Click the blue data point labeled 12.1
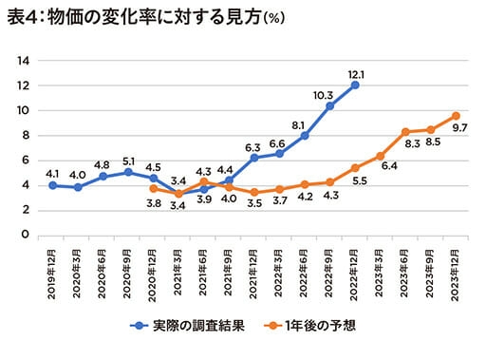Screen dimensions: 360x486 click(355, 85)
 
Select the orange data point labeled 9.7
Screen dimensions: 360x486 click(456, 116)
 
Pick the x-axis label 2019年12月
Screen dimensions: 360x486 click(53, 271)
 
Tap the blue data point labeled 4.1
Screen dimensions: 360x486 click(53, 184)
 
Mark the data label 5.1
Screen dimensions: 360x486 click(128, 161)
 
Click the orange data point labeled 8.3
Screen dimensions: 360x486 click(405, 132)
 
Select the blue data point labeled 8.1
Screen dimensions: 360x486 click(305, 135)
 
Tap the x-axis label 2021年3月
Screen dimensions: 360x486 click(178, 271)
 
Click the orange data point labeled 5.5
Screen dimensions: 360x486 click(355, 167)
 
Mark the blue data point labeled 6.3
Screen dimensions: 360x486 click(254, 158)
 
